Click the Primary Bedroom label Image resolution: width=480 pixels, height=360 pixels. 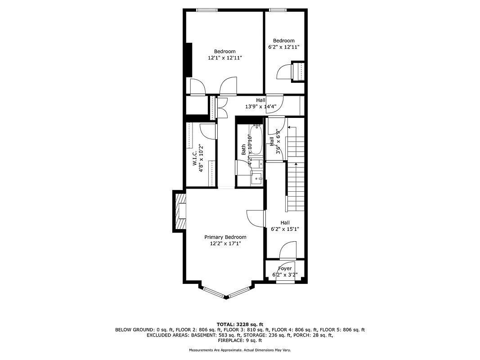(x=225, y=237)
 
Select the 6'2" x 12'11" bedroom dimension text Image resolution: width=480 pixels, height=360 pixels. (x=283, y=47)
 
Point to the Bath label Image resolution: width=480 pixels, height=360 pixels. (x=243, y=149)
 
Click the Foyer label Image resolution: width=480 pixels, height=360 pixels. (x=285, y=269)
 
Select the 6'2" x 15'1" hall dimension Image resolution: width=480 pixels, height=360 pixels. (x=285, y=229)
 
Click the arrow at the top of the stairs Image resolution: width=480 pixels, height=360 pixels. (x=289, y=128)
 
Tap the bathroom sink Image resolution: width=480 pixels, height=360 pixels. (x=257, y=179)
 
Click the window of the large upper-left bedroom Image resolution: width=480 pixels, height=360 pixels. (x=207, y=9)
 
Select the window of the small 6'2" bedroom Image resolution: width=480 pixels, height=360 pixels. (x=278, y=9)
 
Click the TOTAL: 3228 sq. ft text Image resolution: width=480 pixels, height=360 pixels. (x=240, y=324)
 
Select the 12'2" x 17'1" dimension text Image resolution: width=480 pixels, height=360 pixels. (x=225, y=243)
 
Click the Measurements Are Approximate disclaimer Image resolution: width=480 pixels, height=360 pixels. (x=240, y=350)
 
